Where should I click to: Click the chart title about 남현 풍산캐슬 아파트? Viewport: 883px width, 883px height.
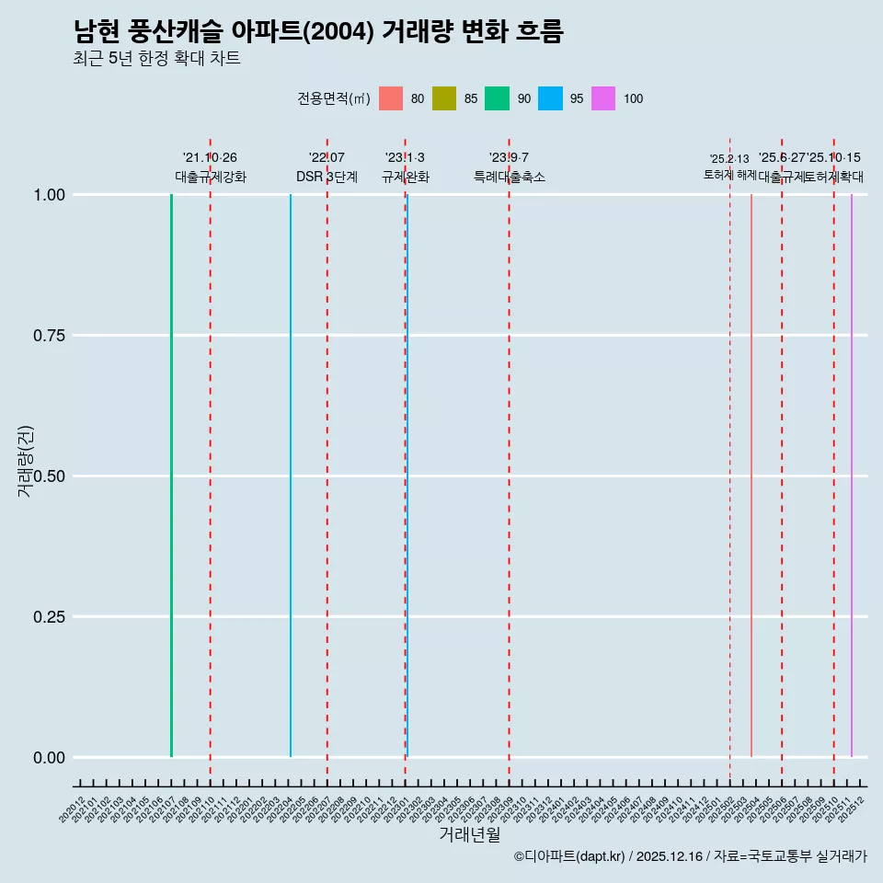pos(318,32)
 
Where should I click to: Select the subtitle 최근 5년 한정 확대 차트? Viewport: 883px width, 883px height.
pos(156,59)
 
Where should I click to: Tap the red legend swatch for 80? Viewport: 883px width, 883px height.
pos(391,98)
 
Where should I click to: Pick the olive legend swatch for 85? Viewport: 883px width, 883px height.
pos(444,98)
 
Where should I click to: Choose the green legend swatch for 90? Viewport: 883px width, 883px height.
pos(497,98)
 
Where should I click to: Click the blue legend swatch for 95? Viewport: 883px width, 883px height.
pos(550,98)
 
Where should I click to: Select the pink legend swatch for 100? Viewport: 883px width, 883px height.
pos(603,98)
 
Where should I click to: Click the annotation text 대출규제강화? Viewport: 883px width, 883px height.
pos(211,177)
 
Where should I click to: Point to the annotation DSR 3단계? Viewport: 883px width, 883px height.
pos(327,177)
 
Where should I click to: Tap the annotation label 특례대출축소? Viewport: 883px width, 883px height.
pos(510,177)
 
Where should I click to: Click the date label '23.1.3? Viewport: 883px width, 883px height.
pos(405,158)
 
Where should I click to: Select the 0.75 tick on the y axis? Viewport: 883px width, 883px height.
pos(47,336)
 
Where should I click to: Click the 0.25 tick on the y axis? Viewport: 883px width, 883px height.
pos(47,617)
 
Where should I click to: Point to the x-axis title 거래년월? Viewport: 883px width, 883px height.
pos(469,834)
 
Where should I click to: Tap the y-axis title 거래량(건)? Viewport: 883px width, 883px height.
pos(26,462)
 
